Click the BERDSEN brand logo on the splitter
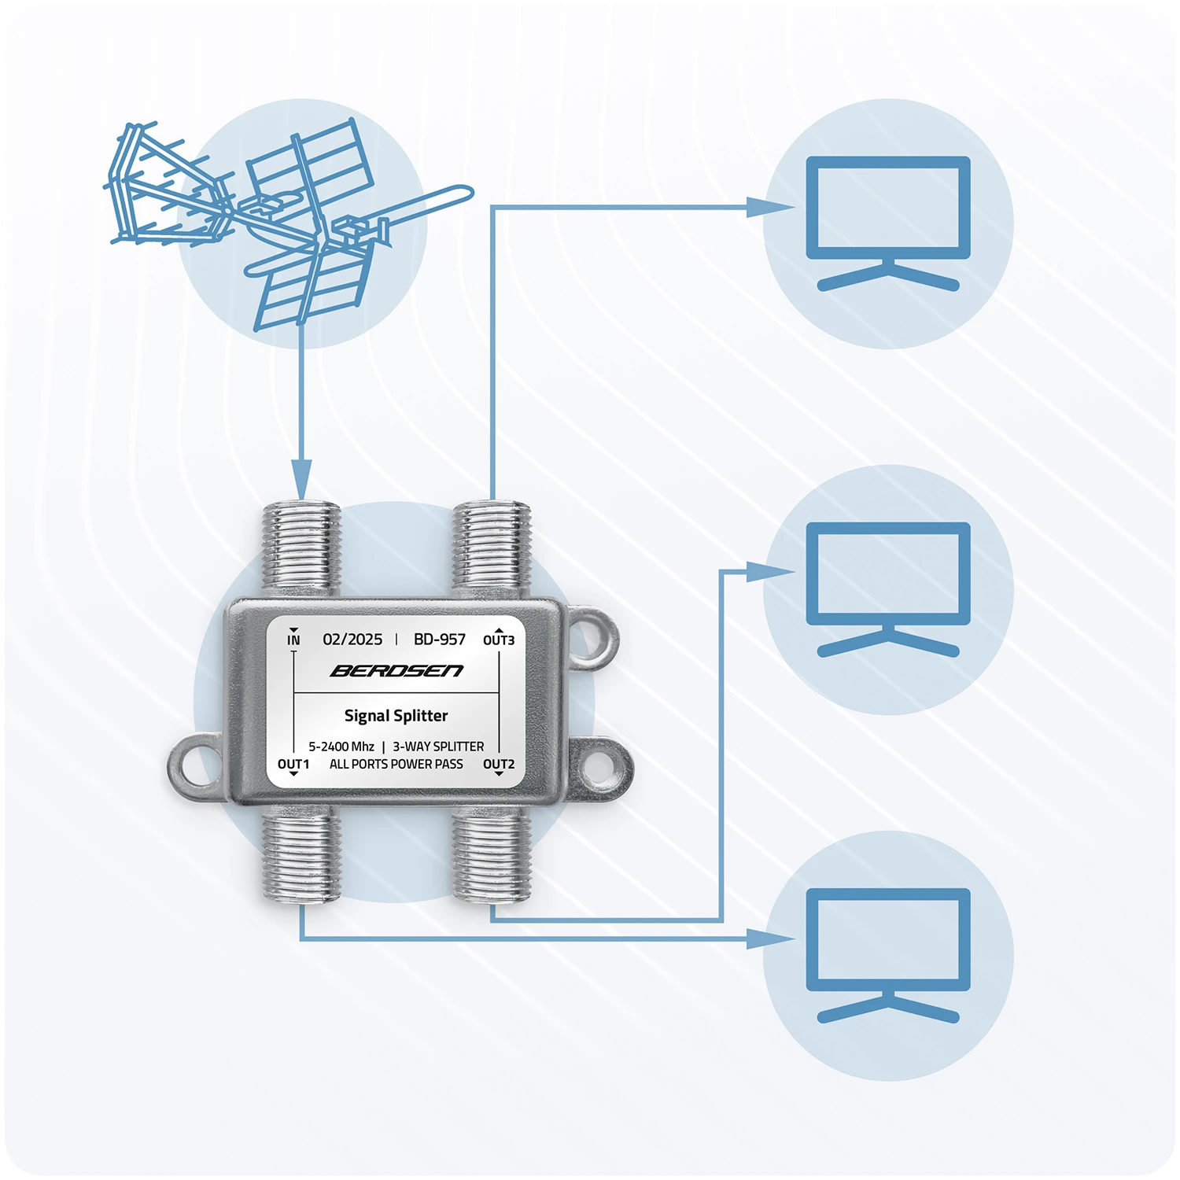coord(396,671)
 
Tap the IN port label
coord(293,640)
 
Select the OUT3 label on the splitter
coord(499,640)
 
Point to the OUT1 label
coord(293,764)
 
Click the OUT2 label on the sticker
coord(499,764)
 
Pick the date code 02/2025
coord(352,640)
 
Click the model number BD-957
coord(440,640)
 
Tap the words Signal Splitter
coord(396,716)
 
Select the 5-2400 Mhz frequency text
coord(341,747)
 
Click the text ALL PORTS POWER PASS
coord(396,764)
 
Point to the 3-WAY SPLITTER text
coord(438,747)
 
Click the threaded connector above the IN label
coord(301,547)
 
